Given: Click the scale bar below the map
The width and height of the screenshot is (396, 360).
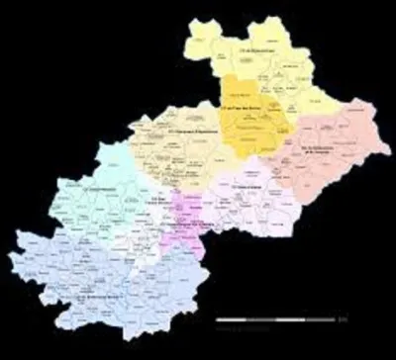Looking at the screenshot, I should (x=278, y=320).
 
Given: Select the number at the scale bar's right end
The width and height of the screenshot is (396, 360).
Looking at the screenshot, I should (x=343, y=320).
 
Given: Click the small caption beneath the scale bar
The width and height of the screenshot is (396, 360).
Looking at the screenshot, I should (x=278, y=327).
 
